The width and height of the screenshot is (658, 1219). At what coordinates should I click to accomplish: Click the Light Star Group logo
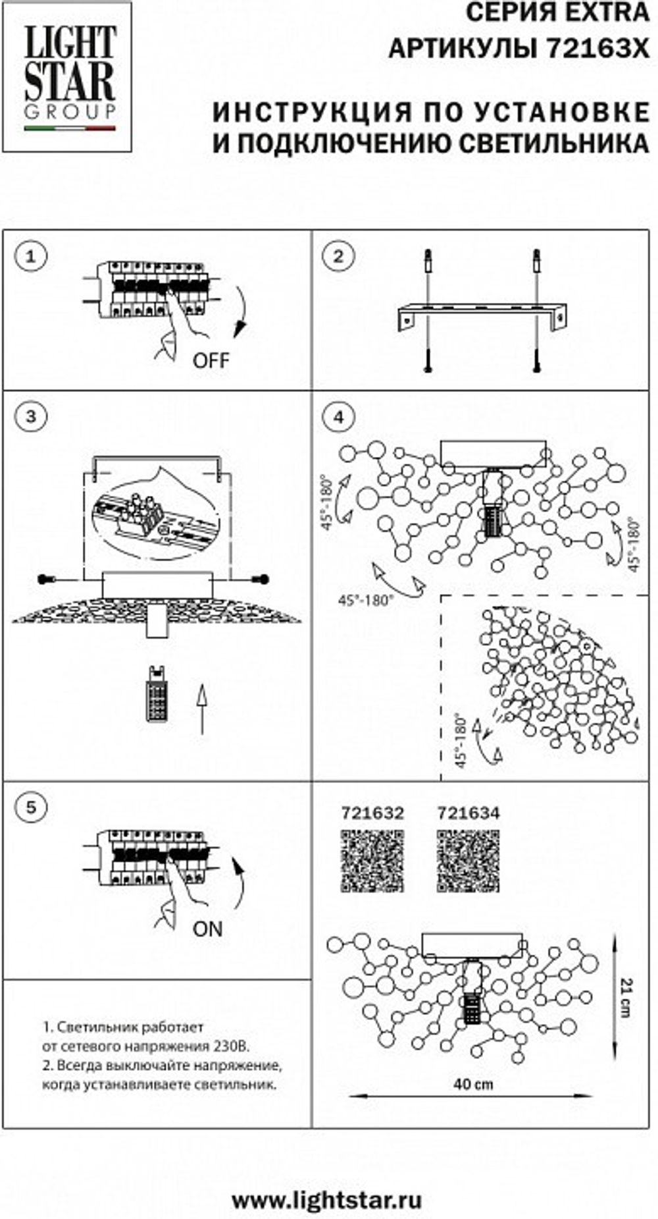69,78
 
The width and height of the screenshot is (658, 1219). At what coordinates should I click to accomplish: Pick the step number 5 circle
31,807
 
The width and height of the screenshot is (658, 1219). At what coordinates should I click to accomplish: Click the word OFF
211,360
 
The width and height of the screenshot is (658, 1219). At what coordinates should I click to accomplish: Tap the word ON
208,929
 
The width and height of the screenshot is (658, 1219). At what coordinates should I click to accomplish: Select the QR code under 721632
372,861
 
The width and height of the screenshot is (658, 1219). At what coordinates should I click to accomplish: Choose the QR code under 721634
468,861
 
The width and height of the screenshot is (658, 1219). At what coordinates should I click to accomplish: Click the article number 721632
372,813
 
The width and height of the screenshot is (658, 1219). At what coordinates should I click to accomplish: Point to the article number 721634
468,813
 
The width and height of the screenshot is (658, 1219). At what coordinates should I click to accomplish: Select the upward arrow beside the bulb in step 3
202,709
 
